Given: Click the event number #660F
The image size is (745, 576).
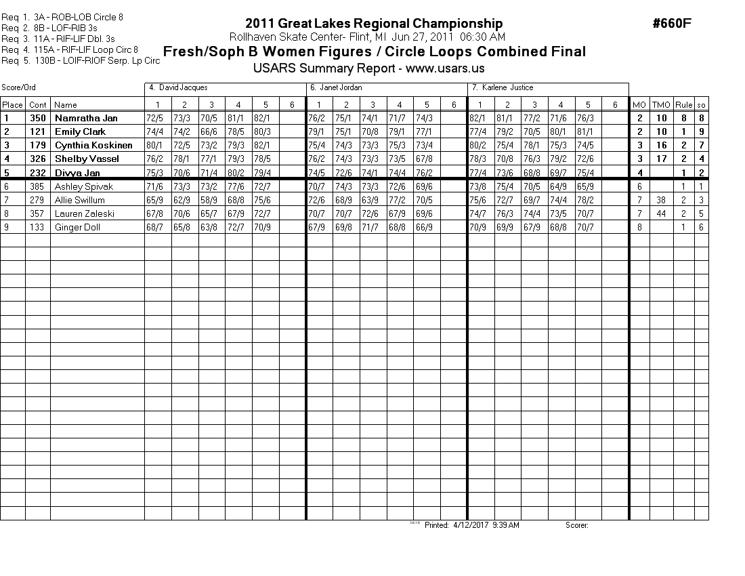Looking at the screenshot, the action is pos(672,24).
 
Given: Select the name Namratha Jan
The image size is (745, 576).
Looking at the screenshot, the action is pos(86,119).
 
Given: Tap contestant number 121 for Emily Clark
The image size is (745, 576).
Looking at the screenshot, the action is pos(38,132).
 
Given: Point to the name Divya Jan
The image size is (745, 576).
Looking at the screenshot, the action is pos(77,173).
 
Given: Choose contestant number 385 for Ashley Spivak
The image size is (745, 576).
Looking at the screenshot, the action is pos(38,186).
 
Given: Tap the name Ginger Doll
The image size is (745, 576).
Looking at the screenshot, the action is pos(77,227).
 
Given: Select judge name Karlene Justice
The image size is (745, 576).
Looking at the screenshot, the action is pos(507,87).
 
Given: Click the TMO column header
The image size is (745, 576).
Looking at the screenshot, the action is pos(661,105).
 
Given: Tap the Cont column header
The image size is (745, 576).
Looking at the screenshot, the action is pos(38,105).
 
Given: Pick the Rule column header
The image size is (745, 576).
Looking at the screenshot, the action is pos(684,105).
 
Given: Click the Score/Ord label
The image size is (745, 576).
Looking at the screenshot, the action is pos(18,87).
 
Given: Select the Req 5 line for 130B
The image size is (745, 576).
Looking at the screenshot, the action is pos(81,60).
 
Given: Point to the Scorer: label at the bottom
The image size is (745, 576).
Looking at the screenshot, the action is pos(576,525).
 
